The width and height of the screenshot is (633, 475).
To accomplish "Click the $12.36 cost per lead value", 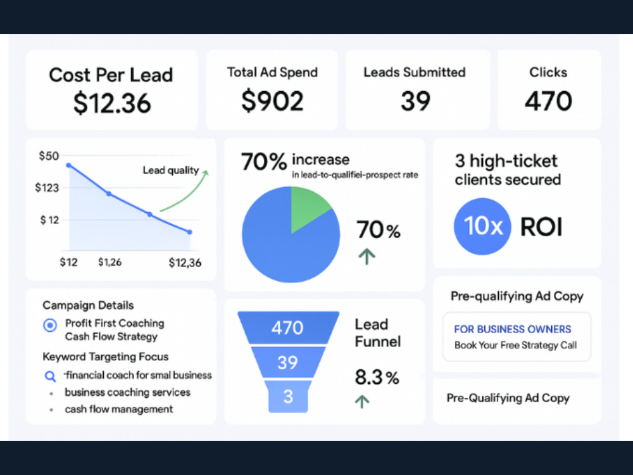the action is (112, 103).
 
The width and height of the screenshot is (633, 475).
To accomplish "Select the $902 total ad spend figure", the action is (272, 101).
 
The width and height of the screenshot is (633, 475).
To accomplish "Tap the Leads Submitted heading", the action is (415, 72).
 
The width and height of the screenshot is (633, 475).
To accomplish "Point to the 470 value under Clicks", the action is (548, 101).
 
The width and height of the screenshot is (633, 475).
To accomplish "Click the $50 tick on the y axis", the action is (49, 156).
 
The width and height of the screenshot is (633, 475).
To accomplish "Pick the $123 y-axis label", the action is (47, 187).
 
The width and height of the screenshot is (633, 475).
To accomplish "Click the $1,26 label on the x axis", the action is (110, 262).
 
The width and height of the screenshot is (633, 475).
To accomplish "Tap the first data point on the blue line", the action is (68, 165).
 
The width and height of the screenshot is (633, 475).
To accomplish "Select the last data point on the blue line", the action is (190, 232).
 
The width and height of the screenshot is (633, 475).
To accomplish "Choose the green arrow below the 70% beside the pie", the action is (367, 256).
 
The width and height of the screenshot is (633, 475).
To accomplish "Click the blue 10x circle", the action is (482, 226).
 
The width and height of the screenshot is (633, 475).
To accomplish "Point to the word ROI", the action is (541, 227).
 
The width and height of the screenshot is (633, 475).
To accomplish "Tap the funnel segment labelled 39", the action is (288, 362).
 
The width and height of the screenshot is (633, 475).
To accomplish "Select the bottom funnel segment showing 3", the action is (288, 396).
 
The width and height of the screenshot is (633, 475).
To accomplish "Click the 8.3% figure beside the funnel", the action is (377, 377).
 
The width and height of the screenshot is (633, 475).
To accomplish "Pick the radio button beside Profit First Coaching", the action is (50, 325).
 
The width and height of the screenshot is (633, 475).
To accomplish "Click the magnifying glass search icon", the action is (50, 376).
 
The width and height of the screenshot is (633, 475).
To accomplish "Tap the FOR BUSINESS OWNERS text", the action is (513, 329).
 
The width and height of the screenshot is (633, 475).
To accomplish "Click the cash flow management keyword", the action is (119, 409).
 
